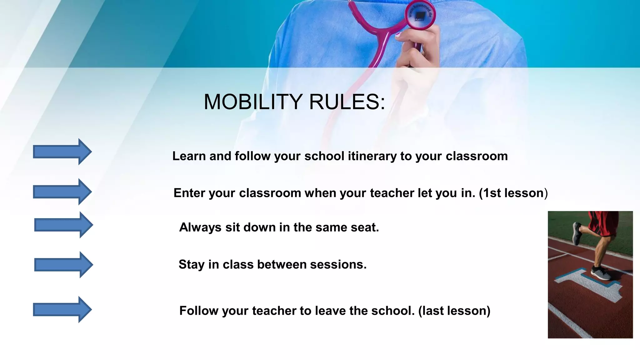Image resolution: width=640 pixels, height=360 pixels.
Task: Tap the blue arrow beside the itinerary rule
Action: (x=62, y=152)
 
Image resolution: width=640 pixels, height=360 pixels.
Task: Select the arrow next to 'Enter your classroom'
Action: (x=62, y=192)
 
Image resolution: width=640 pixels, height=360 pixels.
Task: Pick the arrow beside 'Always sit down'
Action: (x=63, y=225)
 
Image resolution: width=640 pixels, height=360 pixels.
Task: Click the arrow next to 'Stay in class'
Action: (x=63, y=265)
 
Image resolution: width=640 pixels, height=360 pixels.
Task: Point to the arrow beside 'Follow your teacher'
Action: (x=62, y=310)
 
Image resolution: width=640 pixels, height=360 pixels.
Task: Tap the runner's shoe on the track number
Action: (x=602, y=273)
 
